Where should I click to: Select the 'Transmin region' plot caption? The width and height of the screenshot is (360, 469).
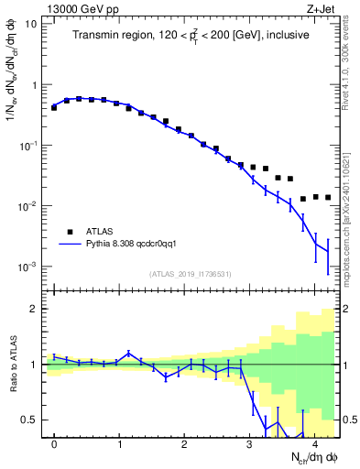pyautogui.click(x=191, y=35)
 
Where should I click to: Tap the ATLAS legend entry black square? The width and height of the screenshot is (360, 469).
pyautogui.click(x=68, y=233)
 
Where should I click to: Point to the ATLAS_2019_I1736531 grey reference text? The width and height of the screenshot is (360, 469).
pyautogui.click(x=191, y=274)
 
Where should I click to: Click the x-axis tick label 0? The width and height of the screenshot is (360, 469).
pyautogui.click(x=54, y=444)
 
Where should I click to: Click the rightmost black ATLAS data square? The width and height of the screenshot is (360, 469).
pyautogui.click(x=327, y=198)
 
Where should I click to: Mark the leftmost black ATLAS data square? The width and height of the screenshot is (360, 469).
pyautogui.click(x=54, y=108)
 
